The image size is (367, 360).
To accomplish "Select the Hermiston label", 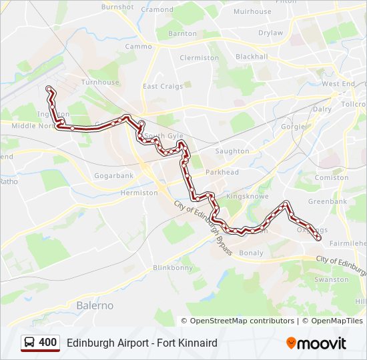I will (x=139, y=192).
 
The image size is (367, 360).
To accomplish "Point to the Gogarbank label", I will (x=114, y=175).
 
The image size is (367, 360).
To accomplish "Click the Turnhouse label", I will (x=100, y=83).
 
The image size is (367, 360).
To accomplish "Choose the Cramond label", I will (x=157, y=9).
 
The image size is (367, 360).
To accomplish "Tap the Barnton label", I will (x=182, y=33).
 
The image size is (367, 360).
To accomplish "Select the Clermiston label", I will (x=199, y=58).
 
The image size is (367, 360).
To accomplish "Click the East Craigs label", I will (x=162, y=86).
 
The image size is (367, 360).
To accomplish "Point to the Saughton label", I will (x=232, y=151).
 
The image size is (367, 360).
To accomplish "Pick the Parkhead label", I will (x=222, y=172).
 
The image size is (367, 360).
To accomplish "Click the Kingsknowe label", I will (x=247, y=197).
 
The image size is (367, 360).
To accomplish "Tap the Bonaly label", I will (x=251, y=253).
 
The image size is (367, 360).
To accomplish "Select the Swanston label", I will (x=331, y=280).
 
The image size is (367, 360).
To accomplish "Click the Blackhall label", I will (x=252, y=57).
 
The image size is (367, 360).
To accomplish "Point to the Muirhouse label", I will (x=253, y=11).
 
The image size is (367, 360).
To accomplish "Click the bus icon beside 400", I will (x=29, y=343).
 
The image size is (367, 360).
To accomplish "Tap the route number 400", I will (x=48, y=343).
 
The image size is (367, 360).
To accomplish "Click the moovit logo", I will (x=316, y=343).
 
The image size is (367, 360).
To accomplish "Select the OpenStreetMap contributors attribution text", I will (x=242, y=321).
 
